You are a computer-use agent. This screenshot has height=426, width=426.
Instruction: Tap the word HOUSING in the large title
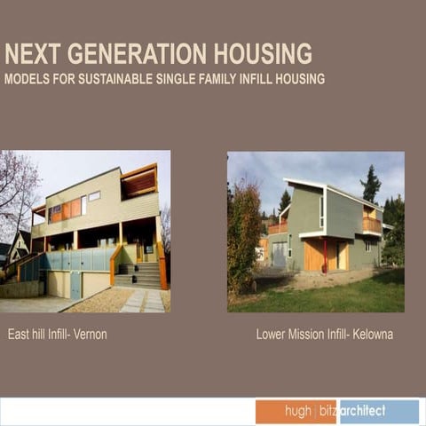click(264, 54)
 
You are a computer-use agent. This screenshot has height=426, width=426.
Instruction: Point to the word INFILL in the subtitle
click(251, 79)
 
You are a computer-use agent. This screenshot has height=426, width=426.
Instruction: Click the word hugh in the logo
click(297, 411)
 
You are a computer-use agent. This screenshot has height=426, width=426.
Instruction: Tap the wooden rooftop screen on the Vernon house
click(139, 182)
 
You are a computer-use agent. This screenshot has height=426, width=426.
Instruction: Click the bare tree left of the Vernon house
click(16, 191)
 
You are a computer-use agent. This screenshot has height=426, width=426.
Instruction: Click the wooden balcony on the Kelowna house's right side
click(372, 225)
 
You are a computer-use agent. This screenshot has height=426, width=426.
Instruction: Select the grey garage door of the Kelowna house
click(278, 255)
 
